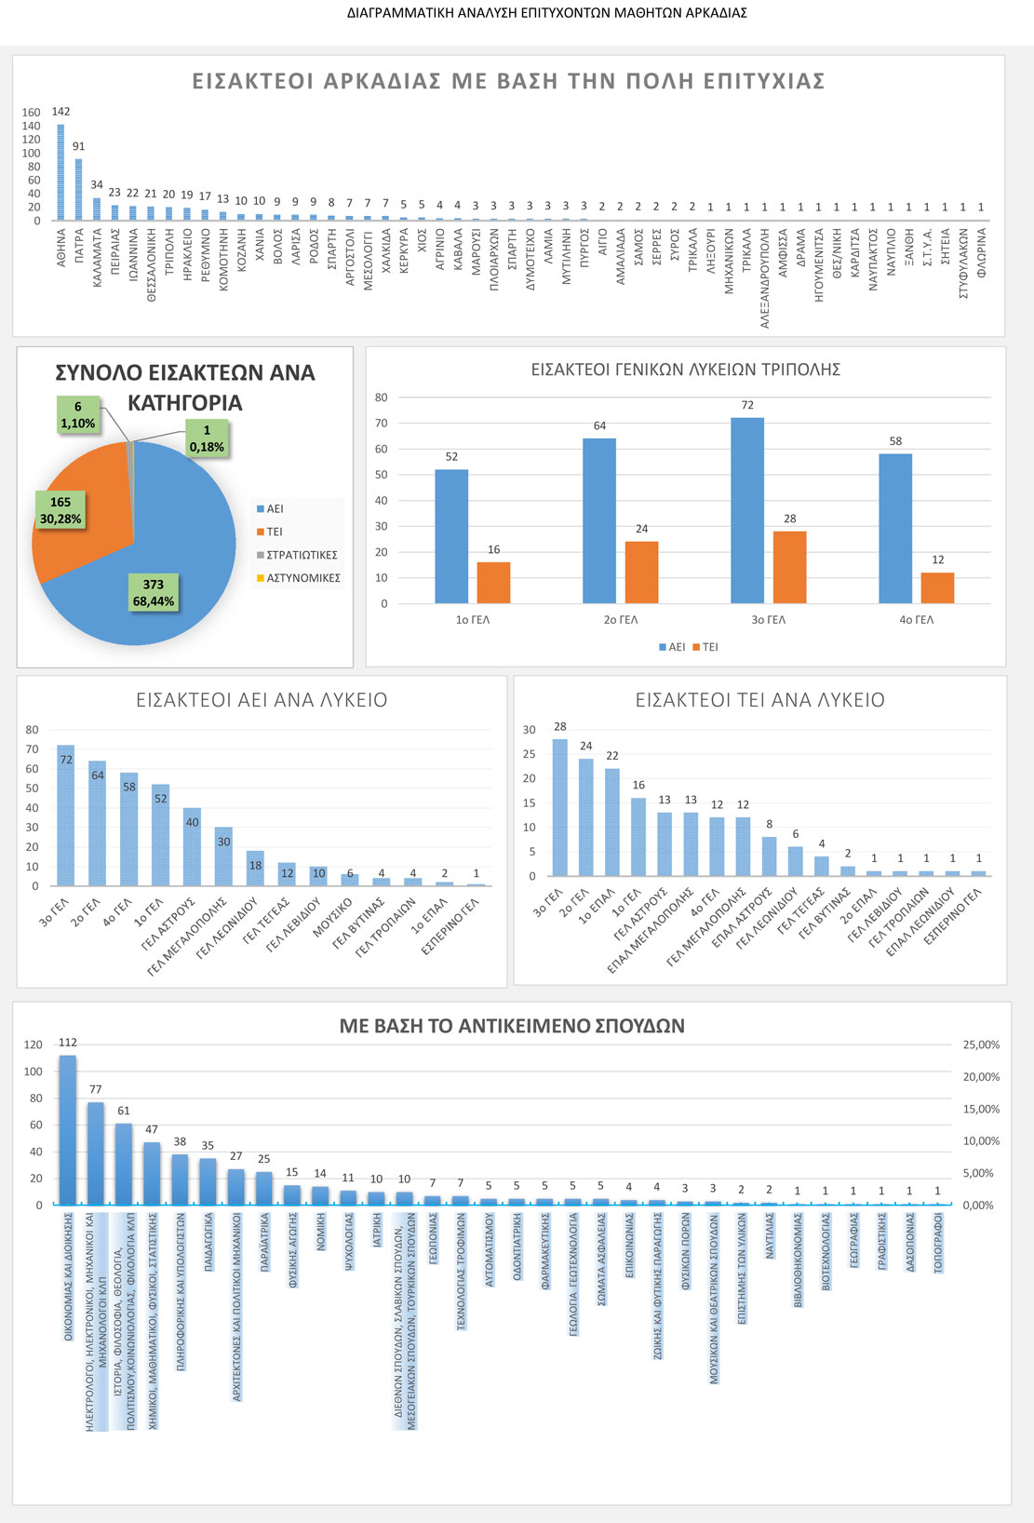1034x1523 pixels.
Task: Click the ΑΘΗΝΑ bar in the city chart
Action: tap(61, 173)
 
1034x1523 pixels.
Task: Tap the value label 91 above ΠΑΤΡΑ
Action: tap(79, 146)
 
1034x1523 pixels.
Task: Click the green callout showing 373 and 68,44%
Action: tap(154, 593)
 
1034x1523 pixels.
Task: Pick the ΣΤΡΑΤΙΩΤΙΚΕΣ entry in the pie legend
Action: tap(302, 555)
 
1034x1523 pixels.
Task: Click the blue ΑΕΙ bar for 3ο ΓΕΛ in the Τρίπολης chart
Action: tap(747, 510)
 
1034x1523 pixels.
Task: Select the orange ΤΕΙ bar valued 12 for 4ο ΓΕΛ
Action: tap(937, 588)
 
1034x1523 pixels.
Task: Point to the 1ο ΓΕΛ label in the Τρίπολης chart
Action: tap(473, 620)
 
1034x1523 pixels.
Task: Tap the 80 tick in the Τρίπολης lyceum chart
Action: tap(382, 398)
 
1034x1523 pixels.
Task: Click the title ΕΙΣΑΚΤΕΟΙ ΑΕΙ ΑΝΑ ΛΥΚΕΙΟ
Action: tap(262, 700)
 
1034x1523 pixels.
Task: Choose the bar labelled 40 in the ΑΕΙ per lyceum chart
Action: tap(192, 847)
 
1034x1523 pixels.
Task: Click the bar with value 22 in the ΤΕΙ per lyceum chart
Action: tap(612, 822)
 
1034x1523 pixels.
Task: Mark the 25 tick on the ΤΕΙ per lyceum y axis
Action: tap(530, 754)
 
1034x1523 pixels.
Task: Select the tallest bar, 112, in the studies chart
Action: tap(68, 1129)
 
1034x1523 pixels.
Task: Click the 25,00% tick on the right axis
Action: tap(981, 1045)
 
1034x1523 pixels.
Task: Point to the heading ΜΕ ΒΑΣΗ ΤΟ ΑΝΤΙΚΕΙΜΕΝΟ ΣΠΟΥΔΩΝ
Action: tap(512, 1026)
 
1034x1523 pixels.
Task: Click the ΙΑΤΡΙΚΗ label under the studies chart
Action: tap(377, 1231)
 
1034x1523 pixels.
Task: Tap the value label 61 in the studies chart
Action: tap(124, 1111)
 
